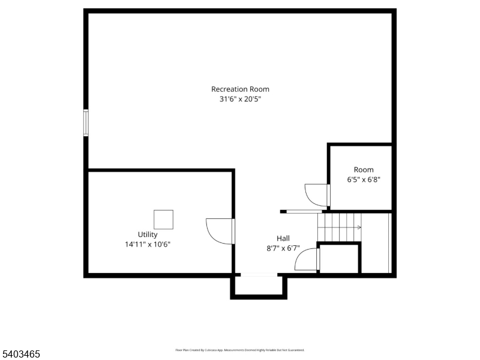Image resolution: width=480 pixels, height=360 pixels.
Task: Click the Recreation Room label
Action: [x=240, y=89]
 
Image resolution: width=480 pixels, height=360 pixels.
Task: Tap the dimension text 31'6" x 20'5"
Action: [x=240, y=100]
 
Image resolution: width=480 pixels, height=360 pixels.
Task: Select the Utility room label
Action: [x=148, y=235]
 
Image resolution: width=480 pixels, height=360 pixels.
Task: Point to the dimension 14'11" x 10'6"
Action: [x=148, y=244]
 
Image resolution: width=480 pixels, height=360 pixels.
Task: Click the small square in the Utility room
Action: [x=163, y=220]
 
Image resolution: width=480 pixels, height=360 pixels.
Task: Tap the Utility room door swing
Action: [x=217, y=230]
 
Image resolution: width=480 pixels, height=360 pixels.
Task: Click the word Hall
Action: [x=283, y=238]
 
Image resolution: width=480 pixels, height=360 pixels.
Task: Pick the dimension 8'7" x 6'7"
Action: [x=283, y=248]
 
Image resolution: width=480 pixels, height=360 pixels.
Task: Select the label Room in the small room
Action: [x=364, y=170]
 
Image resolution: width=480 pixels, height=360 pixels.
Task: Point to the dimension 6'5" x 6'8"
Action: [x=364, y=179]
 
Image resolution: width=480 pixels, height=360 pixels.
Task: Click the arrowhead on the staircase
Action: [x=359, y=227]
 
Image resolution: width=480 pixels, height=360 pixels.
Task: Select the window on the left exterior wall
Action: [x=86, y=123]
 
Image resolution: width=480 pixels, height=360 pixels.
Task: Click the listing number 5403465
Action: [x=21, y=355]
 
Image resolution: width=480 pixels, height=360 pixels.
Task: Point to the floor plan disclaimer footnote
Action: [x=240, y=350]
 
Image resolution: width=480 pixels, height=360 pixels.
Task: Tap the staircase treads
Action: [x=339, y=227]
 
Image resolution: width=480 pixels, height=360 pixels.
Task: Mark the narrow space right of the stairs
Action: [x=376, y=243]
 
